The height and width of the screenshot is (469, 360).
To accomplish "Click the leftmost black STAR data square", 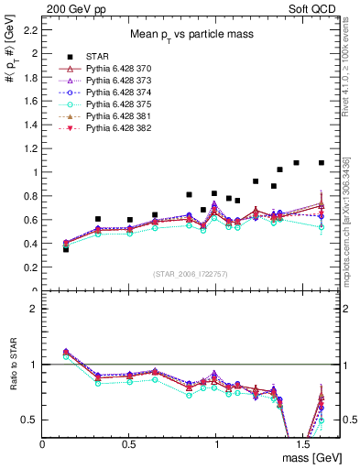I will pos(65,249).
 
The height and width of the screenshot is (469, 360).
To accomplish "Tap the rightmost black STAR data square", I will pos(322,163).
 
